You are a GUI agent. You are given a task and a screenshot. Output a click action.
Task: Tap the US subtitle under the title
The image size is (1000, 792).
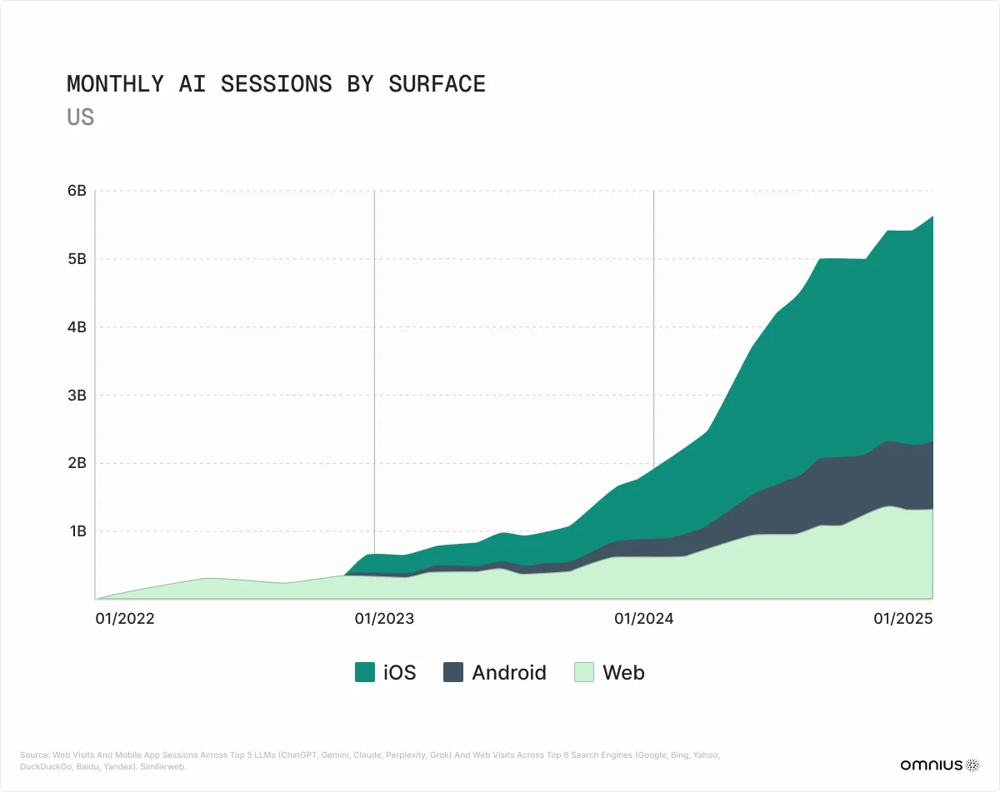80,117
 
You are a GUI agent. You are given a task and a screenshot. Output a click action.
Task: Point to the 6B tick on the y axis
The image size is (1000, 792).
77,191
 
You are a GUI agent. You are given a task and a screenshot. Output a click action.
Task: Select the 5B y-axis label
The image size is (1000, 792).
77,259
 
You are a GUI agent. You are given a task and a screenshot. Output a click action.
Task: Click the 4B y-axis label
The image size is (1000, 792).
77,327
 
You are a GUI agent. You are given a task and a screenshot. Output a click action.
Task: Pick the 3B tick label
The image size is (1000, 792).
77,395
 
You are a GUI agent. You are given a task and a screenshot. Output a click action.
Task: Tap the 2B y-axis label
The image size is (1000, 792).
77,463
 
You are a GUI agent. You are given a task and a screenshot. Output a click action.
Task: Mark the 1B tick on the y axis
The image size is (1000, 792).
77,531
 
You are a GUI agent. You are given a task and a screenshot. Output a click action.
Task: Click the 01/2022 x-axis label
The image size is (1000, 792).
125,619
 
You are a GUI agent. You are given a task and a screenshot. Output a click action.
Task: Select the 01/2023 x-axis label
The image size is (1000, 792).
384,619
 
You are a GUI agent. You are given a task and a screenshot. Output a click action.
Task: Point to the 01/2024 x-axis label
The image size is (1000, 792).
643,619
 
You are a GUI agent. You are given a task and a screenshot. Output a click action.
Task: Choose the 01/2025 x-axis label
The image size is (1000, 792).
902,619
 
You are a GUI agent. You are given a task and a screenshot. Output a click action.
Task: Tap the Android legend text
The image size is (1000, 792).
509,672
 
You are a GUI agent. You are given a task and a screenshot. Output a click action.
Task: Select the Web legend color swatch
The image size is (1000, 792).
584,672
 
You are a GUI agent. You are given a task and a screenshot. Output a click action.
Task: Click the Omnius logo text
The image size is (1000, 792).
930,765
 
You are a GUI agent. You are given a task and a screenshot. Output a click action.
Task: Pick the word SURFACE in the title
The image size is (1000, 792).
437,84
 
